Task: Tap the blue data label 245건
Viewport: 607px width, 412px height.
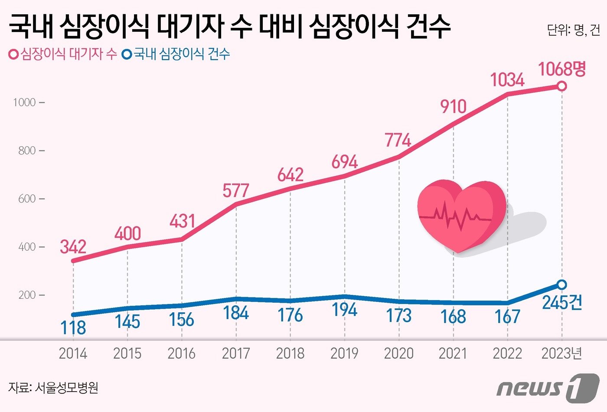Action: pyautogui.click(x=562, y=303)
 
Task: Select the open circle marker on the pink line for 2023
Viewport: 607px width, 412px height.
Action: pyautogui.click(x=561, y=86)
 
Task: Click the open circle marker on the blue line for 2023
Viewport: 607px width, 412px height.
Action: pyautogui.click(x=561, y=284)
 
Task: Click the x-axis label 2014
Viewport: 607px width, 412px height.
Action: pyautogui.click(x=73, y=353)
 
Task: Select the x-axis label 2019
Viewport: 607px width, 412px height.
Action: pyautogui.click(x=344, y=353)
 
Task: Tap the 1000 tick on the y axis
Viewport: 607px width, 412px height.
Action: pyautogui.click(x=25, y=103)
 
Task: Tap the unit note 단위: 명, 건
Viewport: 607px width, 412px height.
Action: pyautogui.click(x=573, y=30)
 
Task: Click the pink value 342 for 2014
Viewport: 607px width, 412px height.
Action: pyautogui.click(x=73, y=247)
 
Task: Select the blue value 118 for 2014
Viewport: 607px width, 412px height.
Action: pyautogui.click(x=73, y=328)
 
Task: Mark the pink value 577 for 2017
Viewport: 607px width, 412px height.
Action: pyautogui.click(x=236, y=191)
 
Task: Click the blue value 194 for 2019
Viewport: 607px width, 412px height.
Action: pyautogui.click(x=344, y=310)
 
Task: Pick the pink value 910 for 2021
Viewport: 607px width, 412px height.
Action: pyautogui.click(x=453, y=106)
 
